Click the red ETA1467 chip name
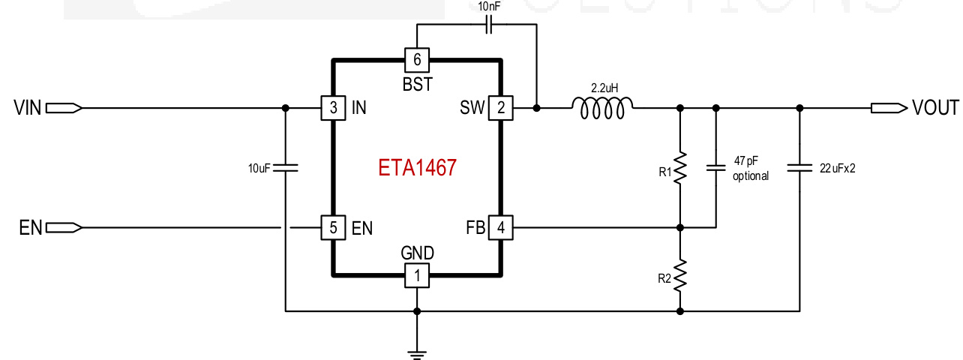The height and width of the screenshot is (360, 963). (417, 167)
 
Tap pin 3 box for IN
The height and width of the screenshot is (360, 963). (332, 108)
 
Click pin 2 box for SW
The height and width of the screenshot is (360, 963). (500, 108)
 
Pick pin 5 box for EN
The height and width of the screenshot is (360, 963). (332, 227)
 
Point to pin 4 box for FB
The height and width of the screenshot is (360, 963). (500, 227)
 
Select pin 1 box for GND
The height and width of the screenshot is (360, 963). (417, 275)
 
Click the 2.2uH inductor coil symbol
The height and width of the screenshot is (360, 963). (602, 108)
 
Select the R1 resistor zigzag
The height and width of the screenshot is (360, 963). (680, 169)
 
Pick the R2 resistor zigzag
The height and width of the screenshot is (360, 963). (680, 275)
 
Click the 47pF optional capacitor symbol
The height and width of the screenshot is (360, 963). (715, 169)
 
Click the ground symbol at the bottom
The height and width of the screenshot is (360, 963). (417, 351)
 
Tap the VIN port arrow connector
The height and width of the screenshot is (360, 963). (63, 108)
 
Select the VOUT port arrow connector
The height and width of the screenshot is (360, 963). (889, 108)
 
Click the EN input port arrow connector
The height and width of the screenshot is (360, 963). (63, 227)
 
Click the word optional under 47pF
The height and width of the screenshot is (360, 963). (751, 176)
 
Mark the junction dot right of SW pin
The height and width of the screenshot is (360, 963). (537, 108)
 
